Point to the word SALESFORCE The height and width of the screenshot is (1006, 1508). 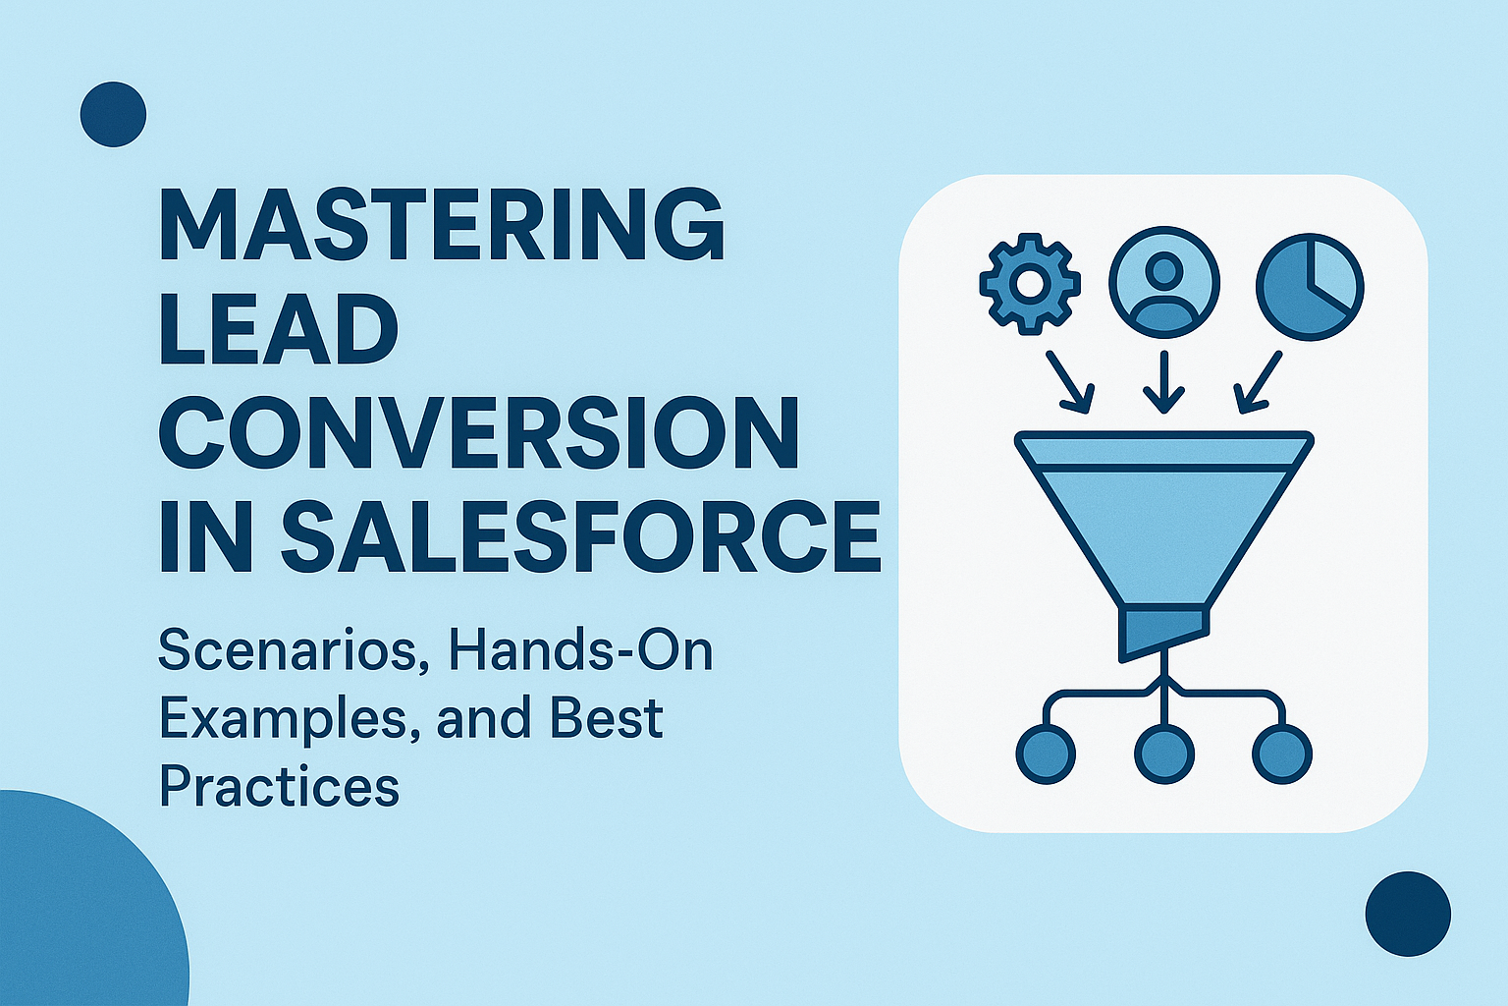pos(581,537)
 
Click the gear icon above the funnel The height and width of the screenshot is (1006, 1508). pos(1030,283)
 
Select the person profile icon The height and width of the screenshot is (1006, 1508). pos(1164,283)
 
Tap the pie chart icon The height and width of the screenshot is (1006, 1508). pos(1310,286)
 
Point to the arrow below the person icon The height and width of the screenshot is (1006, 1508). pos(1164,383)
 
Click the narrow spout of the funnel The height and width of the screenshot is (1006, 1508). pos(1163,633)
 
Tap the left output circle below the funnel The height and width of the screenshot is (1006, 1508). pos(1045,754)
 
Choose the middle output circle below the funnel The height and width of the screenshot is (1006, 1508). pos(1164,754)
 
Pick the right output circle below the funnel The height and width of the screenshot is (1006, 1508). pos(1282,754)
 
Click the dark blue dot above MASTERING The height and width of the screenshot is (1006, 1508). pos(113,114)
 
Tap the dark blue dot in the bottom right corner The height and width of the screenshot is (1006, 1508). pos(1408,914)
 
